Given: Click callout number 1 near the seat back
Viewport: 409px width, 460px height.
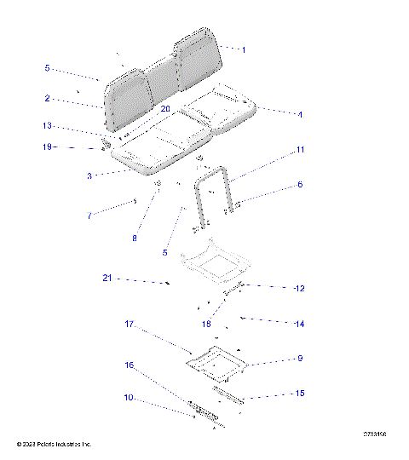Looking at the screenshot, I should click(244, 50).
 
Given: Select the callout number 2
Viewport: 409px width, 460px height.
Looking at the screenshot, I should click(48, 99).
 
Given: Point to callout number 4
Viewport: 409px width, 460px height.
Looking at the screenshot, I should click(300, 114).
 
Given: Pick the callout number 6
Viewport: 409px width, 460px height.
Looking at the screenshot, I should click(300, 184).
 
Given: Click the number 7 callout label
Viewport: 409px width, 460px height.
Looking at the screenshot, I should click(89, 216).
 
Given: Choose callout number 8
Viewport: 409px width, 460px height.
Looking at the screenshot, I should click(134, 239).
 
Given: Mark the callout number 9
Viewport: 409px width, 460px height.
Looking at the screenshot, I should click(300, 359).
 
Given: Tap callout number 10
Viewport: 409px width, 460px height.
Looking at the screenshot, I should click(127, 398).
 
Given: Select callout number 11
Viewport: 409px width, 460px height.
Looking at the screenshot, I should click(300, 150).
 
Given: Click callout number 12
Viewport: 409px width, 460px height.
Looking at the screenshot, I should click(299, 289).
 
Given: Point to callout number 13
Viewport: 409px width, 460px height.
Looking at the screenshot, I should click(48, 125).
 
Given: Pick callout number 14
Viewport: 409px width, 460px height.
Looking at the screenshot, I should click(300, 325).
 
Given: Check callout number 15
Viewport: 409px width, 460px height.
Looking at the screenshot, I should click(300, 394).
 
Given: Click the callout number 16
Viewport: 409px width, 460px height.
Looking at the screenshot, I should click(130, 365).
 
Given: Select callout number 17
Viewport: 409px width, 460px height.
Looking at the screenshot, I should click(130, 325).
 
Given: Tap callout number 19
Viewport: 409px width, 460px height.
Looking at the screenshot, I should click(48, 147).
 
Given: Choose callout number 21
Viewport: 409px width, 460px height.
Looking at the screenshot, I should click(107, 279).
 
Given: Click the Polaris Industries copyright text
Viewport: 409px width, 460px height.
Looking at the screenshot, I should click(55, 445).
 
